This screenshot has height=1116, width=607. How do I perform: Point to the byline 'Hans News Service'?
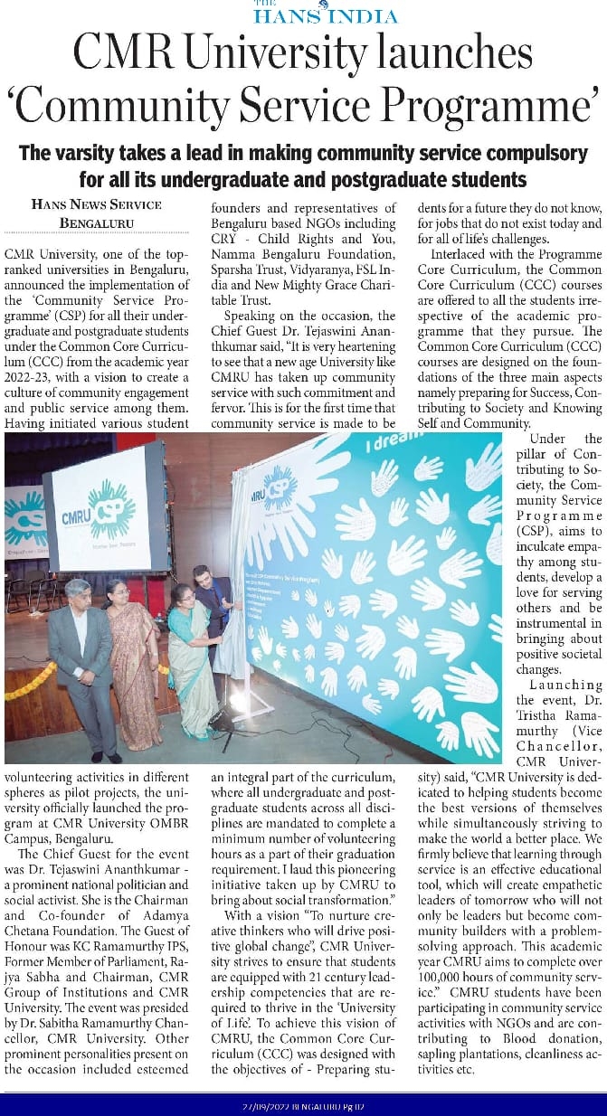point(96,204)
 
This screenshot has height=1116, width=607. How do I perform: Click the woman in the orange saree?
point(132,660)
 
